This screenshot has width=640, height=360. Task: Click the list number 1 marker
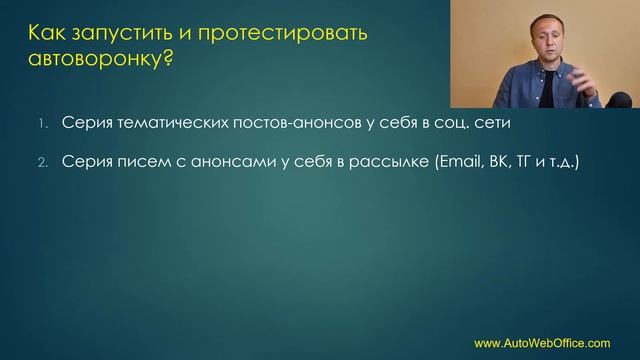43,124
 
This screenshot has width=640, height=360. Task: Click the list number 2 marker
43,160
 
